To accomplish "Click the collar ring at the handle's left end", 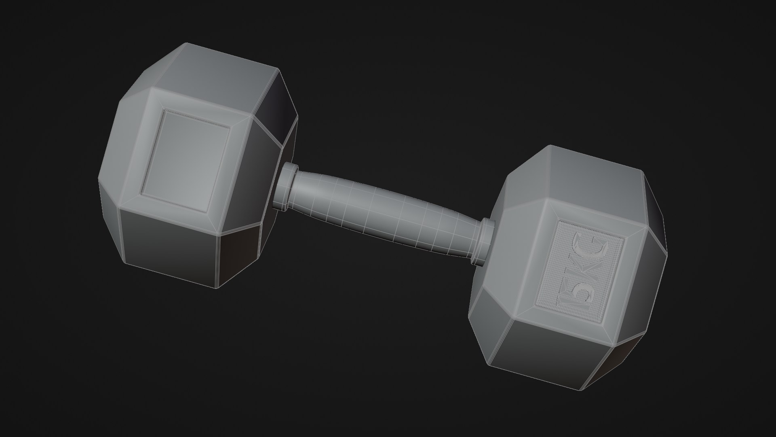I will (285, 187).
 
